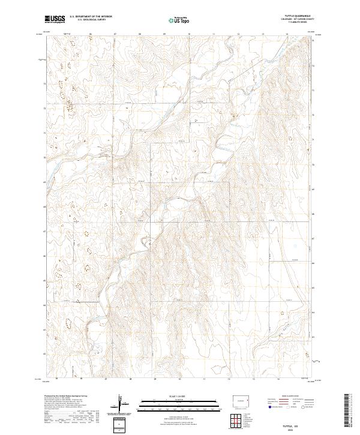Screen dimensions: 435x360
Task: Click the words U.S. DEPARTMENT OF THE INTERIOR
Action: point(91,17)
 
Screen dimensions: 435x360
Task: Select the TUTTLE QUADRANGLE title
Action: point(301,16)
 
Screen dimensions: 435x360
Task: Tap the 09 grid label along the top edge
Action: point(164,34)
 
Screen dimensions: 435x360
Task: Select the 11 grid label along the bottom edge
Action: point(205,379)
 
